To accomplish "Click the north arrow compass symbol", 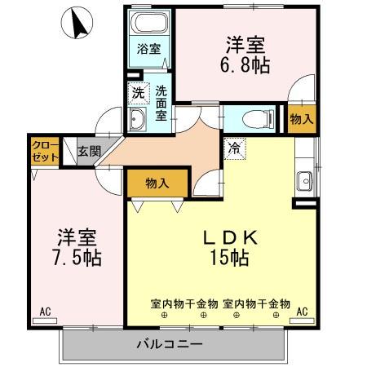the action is pos(77,23).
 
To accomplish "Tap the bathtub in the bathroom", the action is pos(149,23).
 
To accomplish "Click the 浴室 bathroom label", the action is pos(148,49).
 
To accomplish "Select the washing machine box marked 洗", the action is pos(139,93).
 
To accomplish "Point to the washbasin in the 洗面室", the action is pos(137,119).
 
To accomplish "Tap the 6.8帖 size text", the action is pos(245,65).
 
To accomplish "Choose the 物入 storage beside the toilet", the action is pos(302,119).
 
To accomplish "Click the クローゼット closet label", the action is pos(45,151).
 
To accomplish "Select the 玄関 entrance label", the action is pos(90,152).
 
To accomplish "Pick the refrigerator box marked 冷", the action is pos(235,148).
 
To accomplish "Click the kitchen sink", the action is pos(304,181).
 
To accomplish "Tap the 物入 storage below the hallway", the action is pos(157,183).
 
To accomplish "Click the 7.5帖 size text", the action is pos(77,258).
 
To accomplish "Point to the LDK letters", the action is pos(231,237).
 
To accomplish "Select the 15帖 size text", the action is pos(230,258).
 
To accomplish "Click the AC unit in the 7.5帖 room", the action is pos(45,321).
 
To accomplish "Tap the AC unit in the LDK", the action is pos(302,321).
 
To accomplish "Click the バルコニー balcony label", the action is pos(170,345).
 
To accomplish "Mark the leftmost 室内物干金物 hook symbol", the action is pos(164,315).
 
